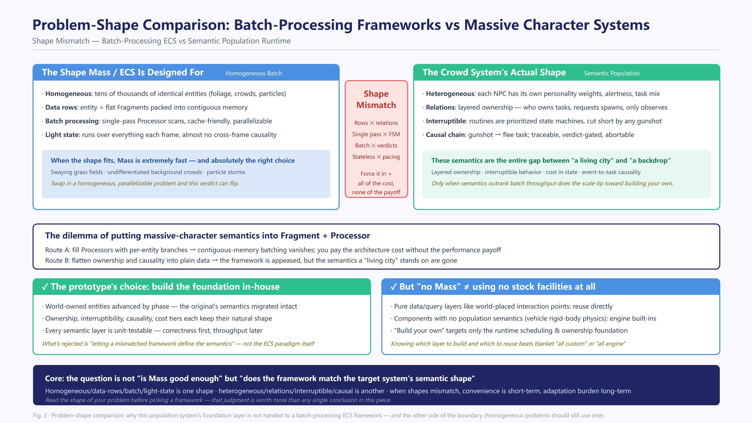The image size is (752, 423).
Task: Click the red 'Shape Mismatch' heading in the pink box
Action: (x=376, y=99)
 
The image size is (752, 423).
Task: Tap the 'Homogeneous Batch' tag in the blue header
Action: (x=254, y=73)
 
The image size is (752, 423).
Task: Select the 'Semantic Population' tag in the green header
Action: (x=612, y=73)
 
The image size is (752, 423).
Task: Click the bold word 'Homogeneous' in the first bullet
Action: (x=68, y=94)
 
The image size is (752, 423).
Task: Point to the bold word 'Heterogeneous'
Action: (x=450, y=94)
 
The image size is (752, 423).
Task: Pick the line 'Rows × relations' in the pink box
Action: (x=376, y=123)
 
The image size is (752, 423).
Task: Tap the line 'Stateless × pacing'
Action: (x=376, y=157)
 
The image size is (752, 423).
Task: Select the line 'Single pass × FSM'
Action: (x=376, y=134)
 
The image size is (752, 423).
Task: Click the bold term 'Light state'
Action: (x=62, y=135)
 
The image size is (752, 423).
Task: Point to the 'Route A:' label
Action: (x=58, y=250)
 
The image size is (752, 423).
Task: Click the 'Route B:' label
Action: (x=58, y=260)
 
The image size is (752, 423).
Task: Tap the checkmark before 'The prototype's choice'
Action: (x=45, y=287)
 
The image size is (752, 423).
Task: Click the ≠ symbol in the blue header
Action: (x=466, y=287)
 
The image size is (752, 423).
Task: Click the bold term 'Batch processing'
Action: (x=72, y=121)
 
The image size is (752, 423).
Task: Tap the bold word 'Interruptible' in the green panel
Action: (x=446, y=121)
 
